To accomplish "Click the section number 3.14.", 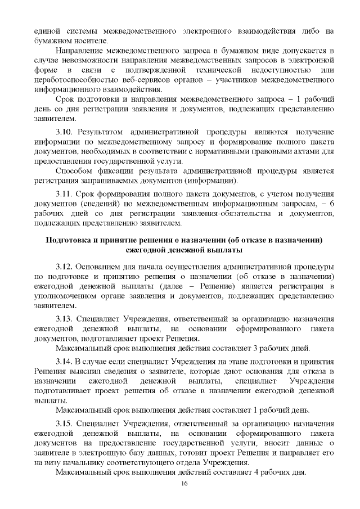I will [64, 361].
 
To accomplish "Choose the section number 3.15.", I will [64, 422].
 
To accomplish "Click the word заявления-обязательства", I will [205, 214].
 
